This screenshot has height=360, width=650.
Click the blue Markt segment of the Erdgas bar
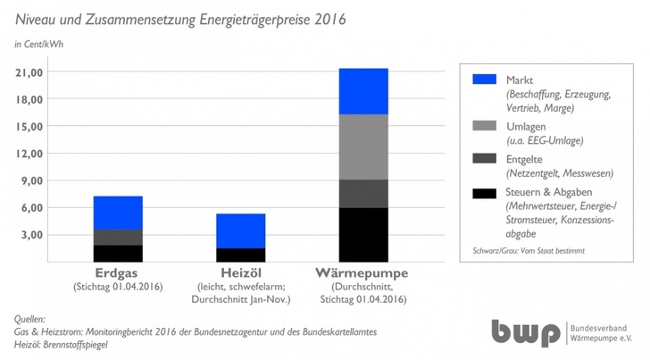pos(118,213)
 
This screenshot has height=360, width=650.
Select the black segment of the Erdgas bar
pos(118,253)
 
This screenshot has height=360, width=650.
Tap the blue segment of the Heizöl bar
pos(240,230)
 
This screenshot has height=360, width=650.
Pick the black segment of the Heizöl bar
pos(240,255)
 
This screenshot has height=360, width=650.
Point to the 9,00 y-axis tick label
pos(32,180)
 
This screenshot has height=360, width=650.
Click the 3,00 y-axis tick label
pos(32,235)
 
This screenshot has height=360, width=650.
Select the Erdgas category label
pos(118,272)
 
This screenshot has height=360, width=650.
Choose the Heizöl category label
pos(240,272)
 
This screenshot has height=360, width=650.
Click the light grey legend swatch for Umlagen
pos(483,127)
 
